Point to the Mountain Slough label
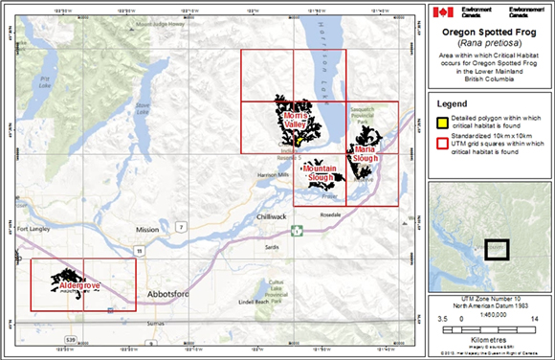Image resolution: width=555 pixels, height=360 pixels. coord(322,173)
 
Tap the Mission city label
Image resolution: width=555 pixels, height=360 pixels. coord(147,230)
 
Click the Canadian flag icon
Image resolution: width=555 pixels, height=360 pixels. coord(441,12)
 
